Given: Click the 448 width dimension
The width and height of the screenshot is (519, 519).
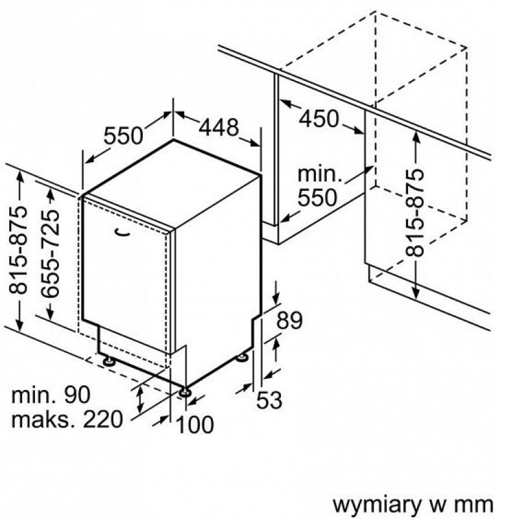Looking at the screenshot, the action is tap(219, 127).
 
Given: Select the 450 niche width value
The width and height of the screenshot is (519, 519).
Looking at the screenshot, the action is tap(319, 119).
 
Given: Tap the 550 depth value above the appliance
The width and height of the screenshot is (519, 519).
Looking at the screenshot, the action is tap(123, 136).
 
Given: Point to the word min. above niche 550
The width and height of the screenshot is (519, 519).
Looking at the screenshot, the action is tap(320, 174).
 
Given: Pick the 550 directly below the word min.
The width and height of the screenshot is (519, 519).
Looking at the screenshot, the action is tap(317, 198).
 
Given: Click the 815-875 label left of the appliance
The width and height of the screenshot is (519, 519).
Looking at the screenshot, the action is tap(18, 250).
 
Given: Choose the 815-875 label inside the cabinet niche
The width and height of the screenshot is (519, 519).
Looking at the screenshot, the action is tap(415, 213).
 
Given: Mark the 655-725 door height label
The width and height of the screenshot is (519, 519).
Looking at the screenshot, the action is tap(50, 253).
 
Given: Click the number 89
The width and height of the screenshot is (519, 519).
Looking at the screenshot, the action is tap(289, 320).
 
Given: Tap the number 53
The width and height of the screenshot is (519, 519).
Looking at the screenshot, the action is tap(269, 400).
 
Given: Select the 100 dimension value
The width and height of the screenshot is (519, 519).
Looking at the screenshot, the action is tap(195, 424).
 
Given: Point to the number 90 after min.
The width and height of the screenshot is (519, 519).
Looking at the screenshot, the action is tap(77, 394).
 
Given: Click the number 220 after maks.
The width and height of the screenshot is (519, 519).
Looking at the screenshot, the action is tap(103, 419).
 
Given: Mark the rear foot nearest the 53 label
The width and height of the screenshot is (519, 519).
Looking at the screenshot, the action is tap(242, 357).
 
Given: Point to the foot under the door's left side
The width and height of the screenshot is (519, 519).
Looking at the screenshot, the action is tap(108, 361).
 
